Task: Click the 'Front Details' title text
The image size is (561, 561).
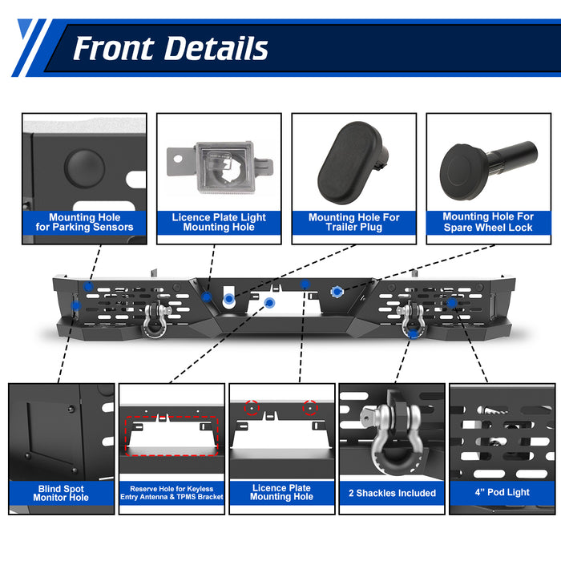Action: point(170,48)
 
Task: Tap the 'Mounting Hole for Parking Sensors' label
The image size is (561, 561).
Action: point(84,222)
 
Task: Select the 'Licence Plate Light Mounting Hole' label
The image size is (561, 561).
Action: point(219,222)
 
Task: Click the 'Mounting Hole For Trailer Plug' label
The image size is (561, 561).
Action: point(353,222)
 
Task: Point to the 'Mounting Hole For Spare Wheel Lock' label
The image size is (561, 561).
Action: point(488,222)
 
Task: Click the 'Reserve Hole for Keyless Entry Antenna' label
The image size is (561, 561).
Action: point(172,493)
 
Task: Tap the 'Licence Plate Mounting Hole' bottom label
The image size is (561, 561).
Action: point(281,492)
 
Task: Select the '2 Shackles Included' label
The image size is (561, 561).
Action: point(392,493)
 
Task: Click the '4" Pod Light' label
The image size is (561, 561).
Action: point(502,493)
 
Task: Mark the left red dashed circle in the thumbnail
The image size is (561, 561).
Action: point(252,407)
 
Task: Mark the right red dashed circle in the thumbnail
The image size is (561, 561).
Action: point(309,408)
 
